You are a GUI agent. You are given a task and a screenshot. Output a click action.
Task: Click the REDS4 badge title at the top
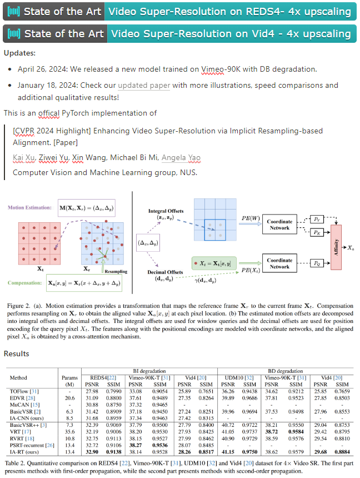click(229, 11)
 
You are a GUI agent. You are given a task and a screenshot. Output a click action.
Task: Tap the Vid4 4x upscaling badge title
click(231, 33)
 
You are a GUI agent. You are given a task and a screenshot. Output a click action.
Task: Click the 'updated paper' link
click(141, 86)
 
